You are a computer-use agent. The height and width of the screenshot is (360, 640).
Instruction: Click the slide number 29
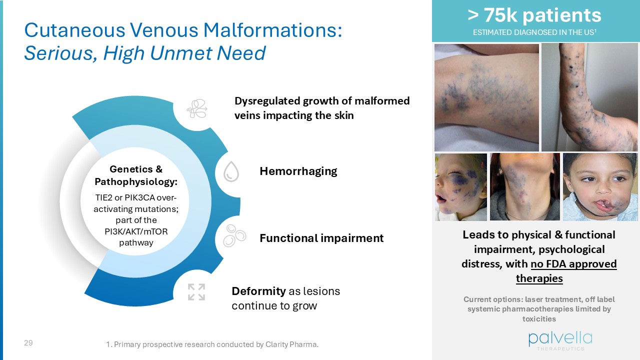click(x=28, y=343)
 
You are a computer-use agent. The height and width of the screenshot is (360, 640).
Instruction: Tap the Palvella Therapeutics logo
click(x=560, y=340)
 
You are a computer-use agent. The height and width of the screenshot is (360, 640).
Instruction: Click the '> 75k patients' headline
click(x=534, y=15)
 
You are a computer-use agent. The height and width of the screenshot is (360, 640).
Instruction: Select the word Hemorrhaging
click(x=298, y=171)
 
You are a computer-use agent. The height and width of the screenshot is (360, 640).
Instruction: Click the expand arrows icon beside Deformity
click(x=196, y=291)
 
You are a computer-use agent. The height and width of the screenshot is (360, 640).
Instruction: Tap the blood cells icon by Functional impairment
click(x=234, y=234)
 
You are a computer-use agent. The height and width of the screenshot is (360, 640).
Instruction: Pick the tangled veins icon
click(x=196, y=108)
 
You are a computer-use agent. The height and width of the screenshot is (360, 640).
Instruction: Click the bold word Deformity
click(x=258, y=291)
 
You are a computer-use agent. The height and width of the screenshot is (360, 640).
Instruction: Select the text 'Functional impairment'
click(x=321, y=238)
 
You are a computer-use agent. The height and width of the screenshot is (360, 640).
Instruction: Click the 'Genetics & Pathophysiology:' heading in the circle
click(x=136, y=175)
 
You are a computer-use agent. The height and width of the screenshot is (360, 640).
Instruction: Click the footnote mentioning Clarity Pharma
click(x=212, y=344)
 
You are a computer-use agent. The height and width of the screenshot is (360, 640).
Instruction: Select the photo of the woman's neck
click(x=524, y=187)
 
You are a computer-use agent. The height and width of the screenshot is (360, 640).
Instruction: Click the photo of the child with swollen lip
click(x=600, y=187)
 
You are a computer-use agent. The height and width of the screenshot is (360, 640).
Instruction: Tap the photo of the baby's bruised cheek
click(x=460, y=187)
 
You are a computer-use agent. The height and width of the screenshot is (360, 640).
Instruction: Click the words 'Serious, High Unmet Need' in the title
click(x=145, y=53)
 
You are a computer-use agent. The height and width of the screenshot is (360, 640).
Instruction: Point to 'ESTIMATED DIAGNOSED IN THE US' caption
click(x=534, y=33)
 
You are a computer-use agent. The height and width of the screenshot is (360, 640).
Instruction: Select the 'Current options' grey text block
click(x=539, y=309)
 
